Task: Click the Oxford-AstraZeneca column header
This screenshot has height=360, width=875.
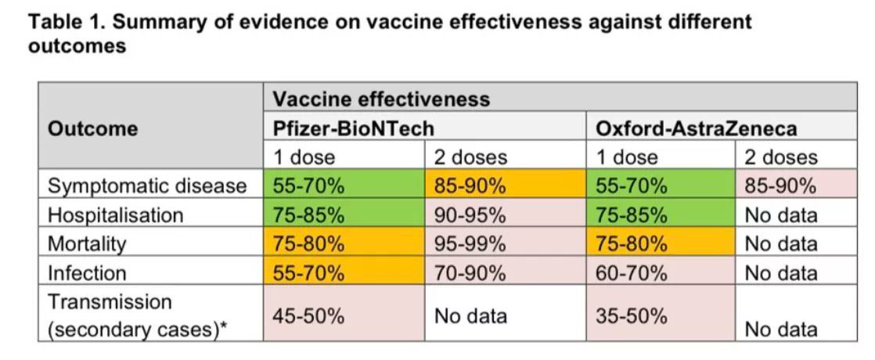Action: click(697, 128)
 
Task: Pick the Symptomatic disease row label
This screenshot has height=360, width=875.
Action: click(147, 186)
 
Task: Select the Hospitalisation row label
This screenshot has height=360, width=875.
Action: click(116, 214)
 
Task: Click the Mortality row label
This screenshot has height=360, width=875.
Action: click(87, 243)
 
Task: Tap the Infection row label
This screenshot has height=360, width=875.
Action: click(87, 272)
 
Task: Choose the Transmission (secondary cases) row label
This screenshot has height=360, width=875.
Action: click(138, 315)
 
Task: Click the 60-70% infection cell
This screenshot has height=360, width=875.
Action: click(632, 272)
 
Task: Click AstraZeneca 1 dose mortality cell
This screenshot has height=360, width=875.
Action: click(632, 243)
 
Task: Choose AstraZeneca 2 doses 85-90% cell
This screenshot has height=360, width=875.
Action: click(781, 186)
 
